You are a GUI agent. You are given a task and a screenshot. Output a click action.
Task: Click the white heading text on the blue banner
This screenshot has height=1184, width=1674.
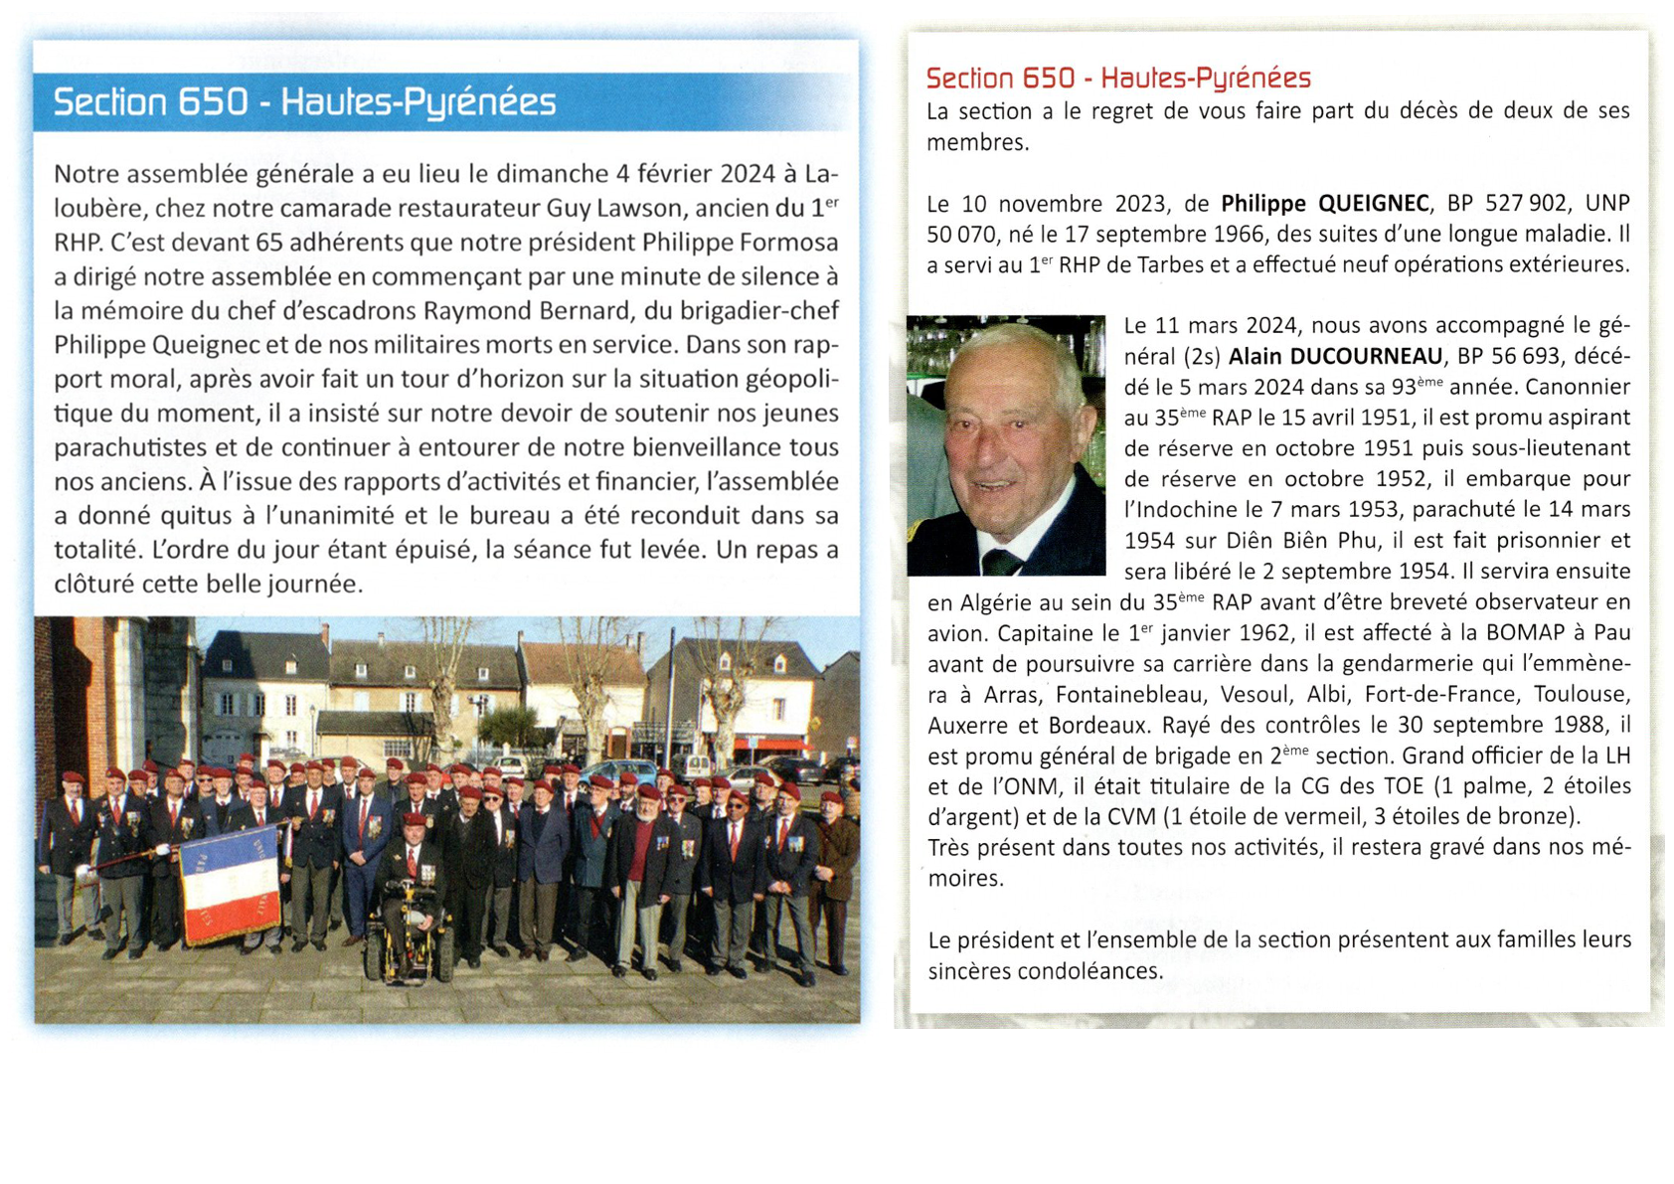click(x=304, y=102)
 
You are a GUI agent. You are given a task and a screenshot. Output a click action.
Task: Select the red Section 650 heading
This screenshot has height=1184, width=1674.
click(x=1117, y=78)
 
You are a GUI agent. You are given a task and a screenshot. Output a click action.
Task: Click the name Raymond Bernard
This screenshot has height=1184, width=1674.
click(x=527, y=311)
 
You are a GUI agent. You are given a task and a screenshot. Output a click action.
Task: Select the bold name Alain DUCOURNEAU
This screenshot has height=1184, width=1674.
click(x=1335, y=356)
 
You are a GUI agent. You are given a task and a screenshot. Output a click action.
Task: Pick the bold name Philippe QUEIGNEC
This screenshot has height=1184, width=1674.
click(x=1324, y=204)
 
